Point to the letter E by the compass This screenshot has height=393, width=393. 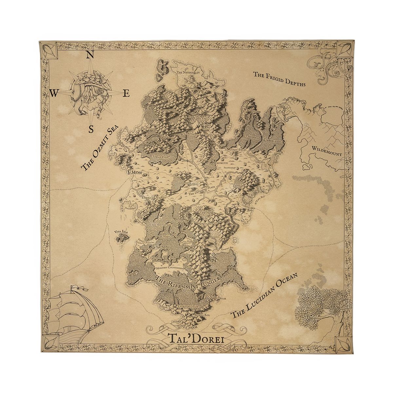pyautogui.click(x=126, y=94)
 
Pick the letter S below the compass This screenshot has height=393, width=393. pyautogui.click(x=92, y=129)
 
